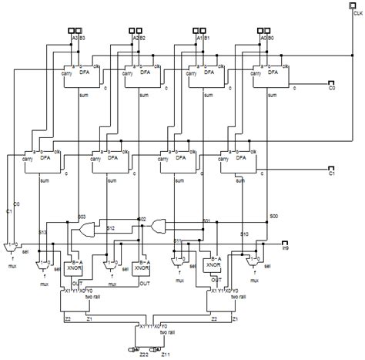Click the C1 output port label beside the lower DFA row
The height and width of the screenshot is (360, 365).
click(332, 174)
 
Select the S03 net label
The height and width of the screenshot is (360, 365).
click(82, 219)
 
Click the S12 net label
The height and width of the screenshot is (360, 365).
click(111, 228)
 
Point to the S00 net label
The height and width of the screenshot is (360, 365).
click(273, 218)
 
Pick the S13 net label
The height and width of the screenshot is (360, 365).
click(44, 232)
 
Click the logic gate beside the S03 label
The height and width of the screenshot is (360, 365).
click(89, 229)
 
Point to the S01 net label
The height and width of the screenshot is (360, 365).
click(206, 221)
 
